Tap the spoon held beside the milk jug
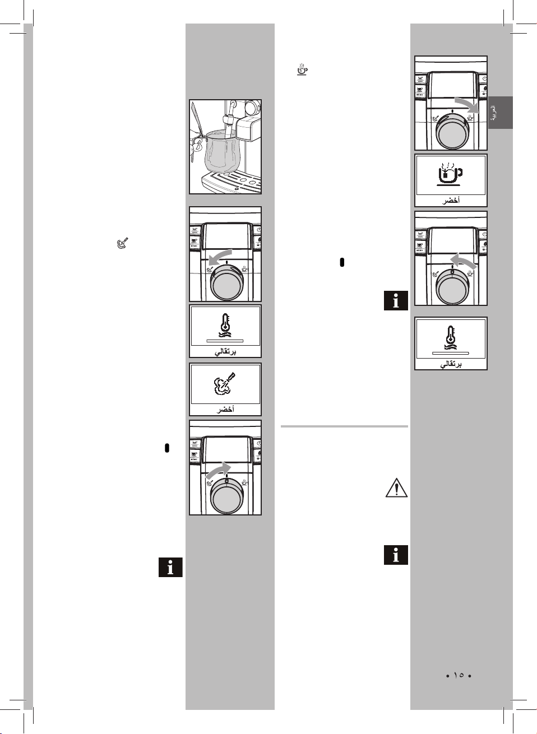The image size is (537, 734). (197, 126)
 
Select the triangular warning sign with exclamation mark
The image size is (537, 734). (396, 489)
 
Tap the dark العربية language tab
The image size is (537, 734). (500, 113)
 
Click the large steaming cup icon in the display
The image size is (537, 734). (450, 174)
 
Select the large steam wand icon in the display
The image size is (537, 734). (225, 384)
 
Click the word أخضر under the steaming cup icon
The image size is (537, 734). (451, 201)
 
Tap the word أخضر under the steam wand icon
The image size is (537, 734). (225, 410)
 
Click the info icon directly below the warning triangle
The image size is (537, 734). (396, 555)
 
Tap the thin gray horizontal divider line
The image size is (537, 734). (344, 426)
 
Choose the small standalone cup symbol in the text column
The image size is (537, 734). (302, 70)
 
